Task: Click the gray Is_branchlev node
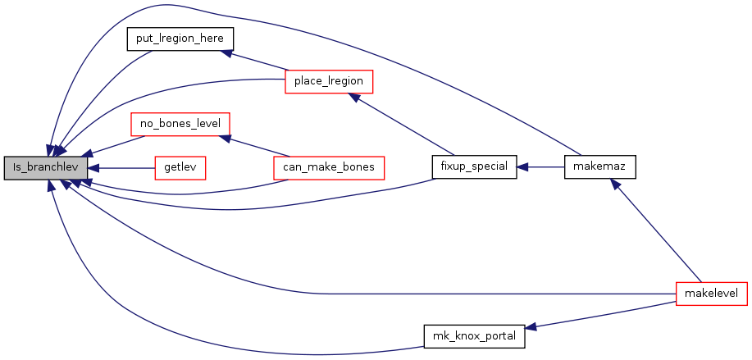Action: pos(46,168)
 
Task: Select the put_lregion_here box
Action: pos(180,39)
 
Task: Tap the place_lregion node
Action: pos(329,81)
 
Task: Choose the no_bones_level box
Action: pos(180,124)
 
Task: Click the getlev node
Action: pos(180,168)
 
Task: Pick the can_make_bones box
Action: pos(329,168)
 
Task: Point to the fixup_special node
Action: pos(474,166)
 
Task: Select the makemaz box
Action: pos(600,166)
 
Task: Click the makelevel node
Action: pos(712,294)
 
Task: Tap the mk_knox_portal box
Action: pos(474,336)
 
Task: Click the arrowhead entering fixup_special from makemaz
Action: pos(522,166)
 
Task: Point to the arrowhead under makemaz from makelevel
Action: pos(614,185)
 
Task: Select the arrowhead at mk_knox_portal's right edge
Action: pos(531,327)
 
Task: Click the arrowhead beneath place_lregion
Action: pos(354,97)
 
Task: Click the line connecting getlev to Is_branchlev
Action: pos(127,168)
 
